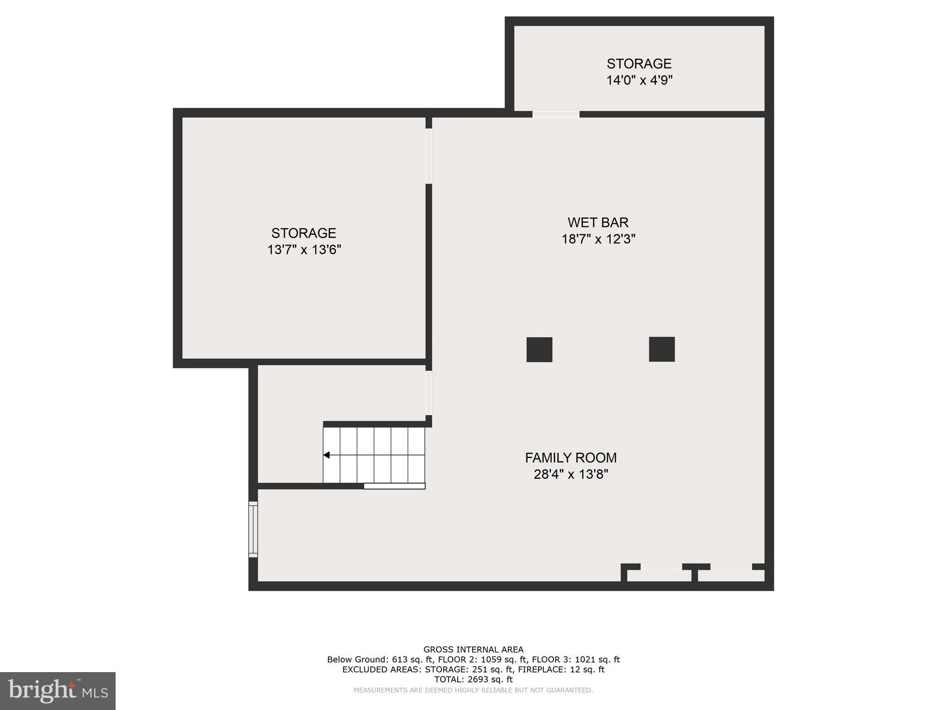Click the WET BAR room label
pyautogui.click(x=598, y=223)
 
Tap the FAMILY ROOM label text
pyautogui.click(x=571, y=458)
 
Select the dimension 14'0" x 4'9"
pyautogui.click(x=639, y=80)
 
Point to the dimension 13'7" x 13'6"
pyautogui.click(x=304, y=250)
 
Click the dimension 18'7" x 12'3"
pyautogui.click(x=598, y=239)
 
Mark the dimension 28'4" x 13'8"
pyautogui.click(x=571, y=475)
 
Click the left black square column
pyautogui.click(x=539, y=349)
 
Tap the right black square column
pyautogui.click(x=662, y=349)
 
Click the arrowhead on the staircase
pyautogui.click(x=326, y=455)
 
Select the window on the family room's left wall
pyautogui.click(x=253, y=529)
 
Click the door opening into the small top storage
pyautogui.click(x=556, y=114)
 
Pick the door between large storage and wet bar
pyautogui.click(x=429, y=156)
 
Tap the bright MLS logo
pyautogui.click(x=58, y=691)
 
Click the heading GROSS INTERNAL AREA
pyautogui.click(x=473, y=649)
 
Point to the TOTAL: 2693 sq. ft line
pyautogui.click(x=473, y=679)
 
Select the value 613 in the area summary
pyautogui.click(x=400, y=660)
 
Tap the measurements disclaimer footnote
pyautogui.click(x=473, y=690)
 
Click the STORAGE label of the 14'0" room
pyautogui.click(x=639, y=64)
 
